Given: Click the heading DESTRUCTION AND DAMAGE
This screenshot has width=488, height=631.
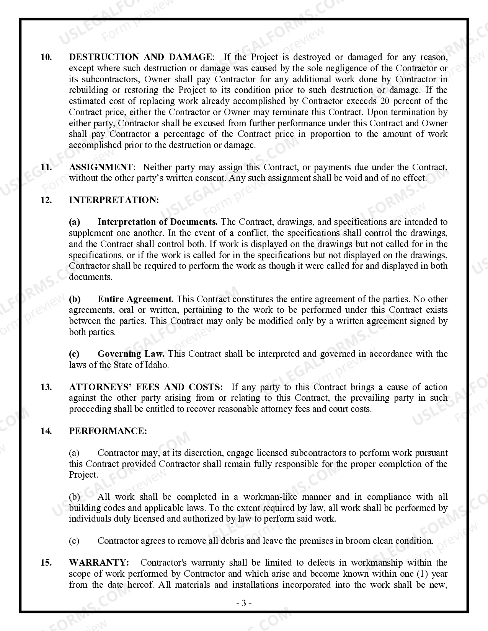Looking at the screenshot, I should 140,57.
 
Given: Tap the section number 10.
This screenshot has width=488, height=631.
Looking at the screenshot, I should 46,57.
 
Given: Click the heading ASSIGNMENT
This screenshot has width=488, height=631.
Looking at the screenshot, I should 101,167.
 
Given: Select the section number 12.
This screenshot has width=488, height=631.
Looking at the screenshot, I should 46,200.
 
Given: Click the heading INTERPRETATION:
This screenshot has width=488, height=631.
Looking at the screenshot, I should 114,200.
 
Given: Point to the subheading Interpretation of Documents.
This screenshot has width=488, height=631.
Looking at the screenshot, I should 157,222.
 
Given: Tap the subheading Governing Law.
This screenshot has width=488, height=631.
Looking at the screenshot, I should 131,354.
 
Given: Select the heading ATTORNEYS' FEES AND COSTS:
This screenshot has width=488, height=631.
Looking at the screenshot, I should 146,387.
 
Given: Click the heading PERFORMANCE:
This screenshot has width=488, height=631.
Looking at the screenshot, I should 108,431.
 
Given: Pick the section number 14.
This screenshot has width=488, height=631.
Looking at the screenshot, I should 46,431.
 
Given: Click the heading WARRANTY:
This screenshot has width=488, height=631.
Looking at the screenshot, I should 99,563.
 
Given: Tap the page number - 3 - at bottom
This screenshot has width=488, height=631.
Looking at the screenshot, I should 244,604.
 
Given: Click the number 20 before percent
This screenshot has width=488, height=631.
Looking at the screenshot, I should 385,101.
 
